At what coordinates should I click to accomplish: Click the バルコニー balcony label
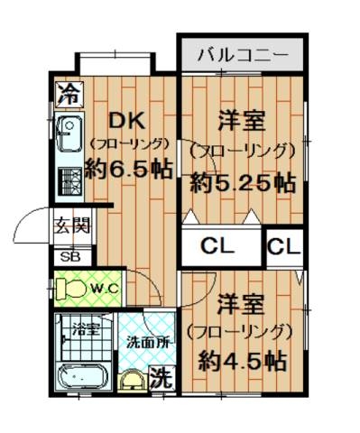[243, 55]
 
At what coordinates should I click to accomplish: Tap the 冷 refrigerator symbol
[69, 94]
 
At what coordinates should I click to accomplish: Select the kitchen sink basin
[69, 134]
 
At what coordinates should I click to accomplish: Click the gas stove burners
[69, 181]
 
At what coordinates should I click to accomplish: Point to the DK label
[127, 121]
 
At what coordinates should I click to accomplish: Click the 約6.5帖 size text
[129, 170]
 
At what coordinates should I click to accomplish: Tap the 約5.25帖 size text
[243, 184]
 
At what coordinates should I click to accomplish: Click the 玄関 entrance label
[72, 226]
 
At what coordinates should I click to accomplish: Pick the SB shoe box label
[69, 257]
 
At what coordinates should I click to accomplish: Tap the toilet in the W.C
[70, 288]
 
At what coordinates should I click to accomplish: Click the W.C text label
[105, 289]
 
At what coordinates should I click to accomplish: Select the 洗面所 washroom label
[147, 343]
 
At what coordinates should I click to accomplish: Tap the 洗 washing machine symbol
[162, 377]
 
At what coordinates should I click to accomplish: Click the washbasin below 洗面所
[133, 381]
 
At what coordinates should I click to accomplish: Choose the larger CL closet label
[217, 247]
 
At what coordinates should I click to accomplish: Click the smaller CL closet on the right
[284, 247]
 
